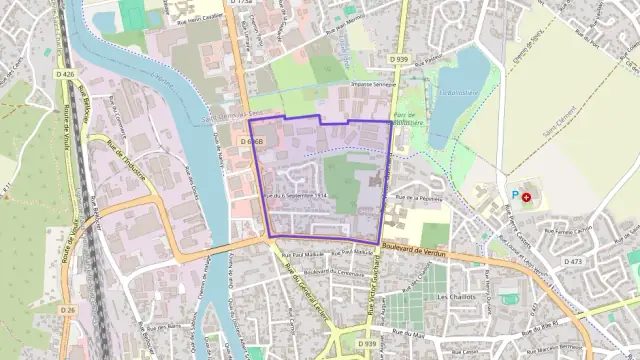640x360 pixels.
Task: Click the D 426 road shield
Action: pos(67,75)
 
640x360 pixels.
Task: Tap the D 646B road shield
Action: pos(253,142)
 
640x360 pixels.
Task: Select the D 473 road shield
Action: pos(573,261)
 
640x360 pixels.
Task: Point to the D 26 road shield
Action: pos(67,311)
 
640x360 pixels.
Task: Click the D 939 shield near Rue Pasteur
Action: pos(400,59)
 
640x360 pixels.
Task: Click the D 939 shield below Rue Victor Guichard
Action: pos(366,343)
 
